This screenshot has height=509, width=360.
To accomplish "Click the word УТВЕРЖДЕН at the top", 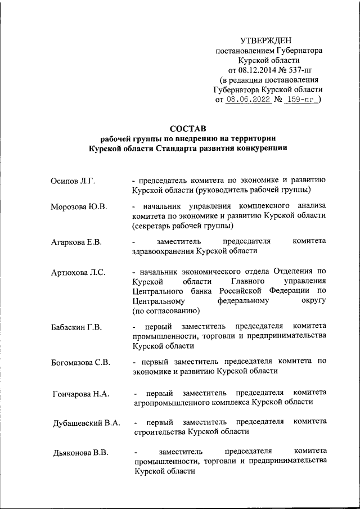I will pos(266,40).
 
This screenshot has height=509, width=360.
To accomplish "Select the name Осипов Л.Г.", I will pos(73,181).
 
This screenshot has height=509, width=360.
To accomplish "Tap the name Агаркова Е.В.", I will pos(76,242).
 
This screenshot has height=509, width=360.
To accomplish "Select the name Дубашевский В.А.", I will pos(85,422).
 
